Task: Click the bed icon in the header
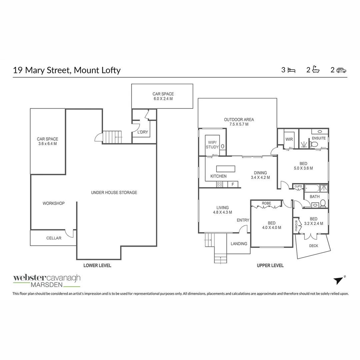coord(292,70)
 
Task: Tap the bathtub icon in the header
coord(316,70)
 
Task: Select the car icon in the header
coord(341,70)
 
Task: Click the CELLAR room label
coord(54,238)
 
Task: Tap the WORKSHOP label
coord(53,203)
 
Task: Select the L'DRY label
coord(142,132)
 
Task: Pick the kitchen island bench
coord(226,168)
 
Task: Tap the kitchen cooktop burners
coord(220,184)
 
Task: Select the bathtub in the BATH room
coord(312,189)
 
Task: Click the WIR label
coord(289,139)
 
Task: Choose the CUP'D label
coord(298,187)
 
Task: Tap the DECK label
coord(314,246)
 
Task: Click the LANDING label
coord(239,244)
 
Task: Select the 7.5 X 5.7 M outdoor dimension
coord(239,124)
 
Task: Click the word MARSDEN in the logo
coord(46,285)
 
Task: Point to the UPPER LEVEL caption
coord(270,266)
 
